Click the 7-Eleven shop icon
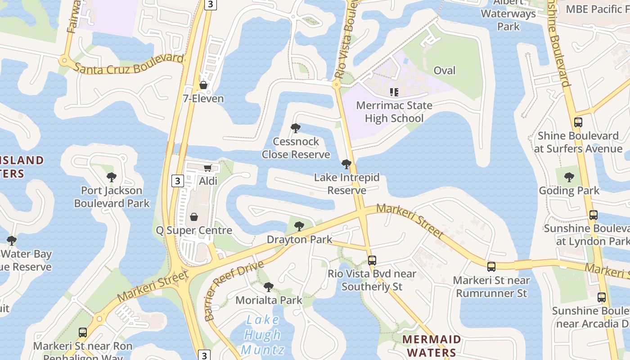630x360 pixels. coord(203,85)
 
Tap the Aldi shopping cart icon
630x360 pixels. coord(207,168)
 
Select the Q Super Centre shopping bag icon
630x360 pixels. coord(194,217)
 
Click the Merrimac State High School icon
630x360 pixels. coord(394,92)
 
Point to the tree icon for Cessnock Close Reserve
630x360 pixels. coord(296,128)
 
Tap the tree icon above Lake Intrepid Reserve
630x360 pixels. coord(346,164)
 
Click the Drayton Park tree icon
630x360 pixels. coord(299,226)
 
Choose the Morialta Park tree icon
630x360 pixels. coord(268,287)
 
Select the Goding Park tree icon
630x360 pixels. coord(569,177)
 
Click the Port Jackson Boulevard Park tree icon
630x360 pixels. coord(112,177)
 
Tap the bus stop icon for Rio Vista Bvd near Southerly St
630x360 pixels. coord(372,260)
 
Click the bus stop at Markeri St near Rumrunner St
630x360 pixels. coord(491,267)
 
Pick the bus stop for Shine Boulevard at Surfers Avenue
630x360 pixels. coord(578,122)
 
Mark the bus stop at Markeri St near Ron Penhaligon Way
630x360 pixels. coord(83,333)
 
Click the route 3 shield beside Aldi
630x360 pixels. coord(178,181)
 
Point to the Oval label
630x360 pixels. coord(444,71)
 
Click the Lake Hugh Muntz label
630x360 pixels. coord(263,335)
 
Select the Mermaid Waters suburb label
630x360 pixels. coord(431,346)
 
